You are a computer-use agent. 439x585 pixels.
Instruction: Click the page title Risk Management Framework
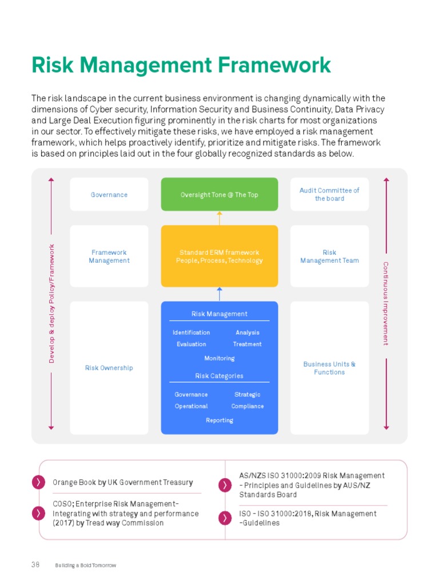tap(181, 65)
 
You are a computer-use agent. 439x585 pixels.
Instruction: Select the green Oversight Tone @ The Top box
tap(219, 195)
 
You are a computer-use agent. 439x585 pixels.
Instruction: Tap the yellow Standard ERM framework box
tap(219, 257)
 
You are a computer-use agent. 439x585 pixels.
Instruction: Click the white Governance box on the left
tap(109, 195)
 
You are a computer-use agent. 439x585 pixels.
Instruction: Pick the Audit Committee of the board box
tap(329, 194)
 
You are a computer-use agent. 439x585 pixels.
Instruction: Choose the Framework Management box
tap(109, 257)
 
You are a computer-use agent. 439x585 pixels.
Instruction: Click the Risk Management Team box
tap(329, 257)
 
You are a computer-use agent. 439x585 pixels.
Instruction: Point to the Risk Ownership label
tap(109, 368)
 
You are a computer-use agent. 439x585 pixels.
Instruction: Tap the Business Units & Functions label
tap(329, 368)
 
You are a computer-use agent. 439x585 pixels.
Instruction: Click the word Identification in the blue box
tap(191, 332)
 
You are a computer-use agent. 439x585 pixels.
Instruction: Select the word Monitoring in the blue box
tap(219, 358)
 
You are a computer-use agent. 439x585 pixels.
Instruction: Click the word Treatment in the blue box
tap(247, 344)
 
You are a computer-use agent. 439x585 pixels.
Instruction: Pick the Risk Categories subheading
tap(219, 376)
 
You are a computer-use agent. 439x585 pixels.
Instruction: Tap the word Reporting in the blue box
tap(219, 420)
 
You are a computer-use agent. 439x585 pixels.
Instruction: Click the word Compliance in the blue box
tap(248, 406)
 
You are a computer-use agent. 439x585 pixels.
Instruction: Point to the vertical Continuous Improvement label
tap(386, 303)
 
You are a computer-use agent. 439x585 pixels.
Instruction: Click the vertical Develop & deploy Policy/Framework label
tap(51, 303)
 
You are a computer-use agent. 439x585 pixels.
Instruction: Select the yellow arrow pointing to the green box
tap(219, 218)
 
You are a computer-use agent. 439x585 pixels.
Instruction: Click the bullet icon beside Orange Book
tap(38, 482)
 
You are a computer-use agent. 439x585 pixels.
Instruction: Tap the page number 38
tap(35, 565)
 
